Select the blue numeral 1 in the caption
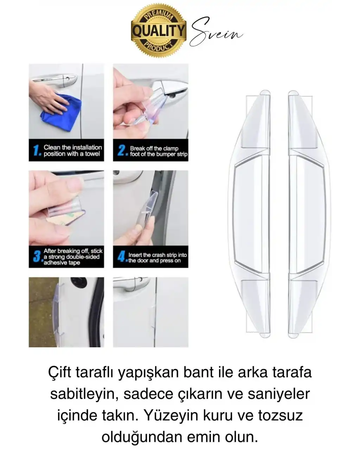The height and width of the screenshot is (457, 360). [x=36, y=151]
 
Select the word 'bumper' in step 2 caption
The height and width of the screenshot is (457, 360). [x=165, y=154]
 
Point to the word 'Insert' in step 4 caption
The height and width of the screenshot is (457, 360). [x=135, y=255]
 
